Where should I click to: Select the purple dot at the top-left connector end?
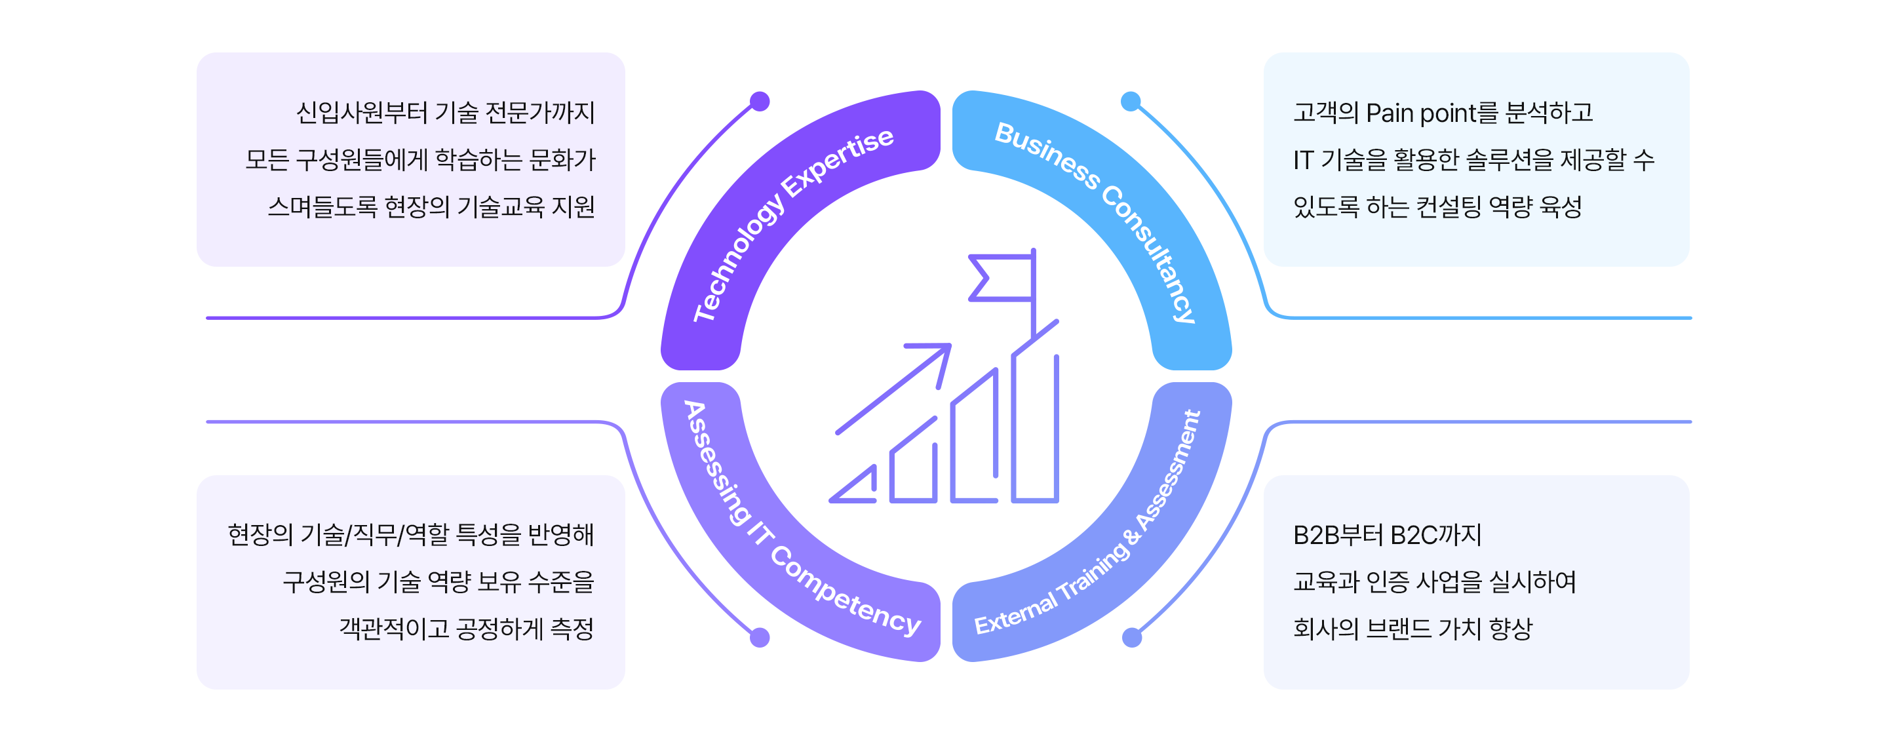[x=760, y=101]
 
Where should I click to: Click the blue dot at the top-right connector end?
[x=1131, y=101]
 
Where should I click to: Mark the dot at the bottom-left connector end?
[x=760, y=637]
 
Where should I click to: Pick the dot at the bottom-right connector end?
[x=1131, y=637]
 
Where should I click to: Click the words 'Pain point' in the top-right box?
[x=1420, y=113]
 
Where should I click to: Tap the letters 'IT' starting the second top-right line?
[x=1302, y=161]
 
